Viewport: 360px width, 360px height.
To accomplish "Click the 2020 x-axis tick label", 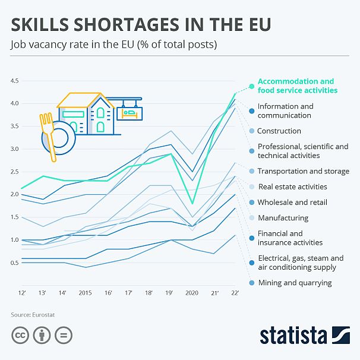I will tap(191, 293).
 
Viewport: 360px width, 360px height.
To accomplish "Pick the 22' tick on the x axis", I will tap(235, 293).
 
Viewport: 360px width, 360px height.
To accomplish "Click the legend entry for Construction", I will tap(279, 131).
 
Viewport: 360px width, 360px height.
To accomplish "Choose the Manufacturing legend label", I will tap(283, 218).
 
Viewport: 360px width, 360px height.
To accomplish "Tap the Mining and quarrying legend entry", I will tap(295, 283).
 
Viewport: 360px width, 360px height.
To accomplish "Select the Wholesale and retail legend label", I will tap(292, 203).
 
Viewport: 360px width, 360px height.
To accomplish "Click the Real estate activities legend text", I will tap(292, 187).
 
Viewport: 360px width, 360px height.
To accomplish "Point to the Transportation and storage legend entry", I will tap(303, 171).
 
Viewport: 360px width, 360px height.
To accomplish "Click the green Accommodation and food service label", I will tap(296, 86).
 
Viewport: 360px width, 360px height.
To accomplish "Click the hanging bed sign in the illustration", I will tap(129, 112).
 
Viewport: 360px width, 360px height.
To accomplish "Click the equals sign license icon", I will tap(65, 336).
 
